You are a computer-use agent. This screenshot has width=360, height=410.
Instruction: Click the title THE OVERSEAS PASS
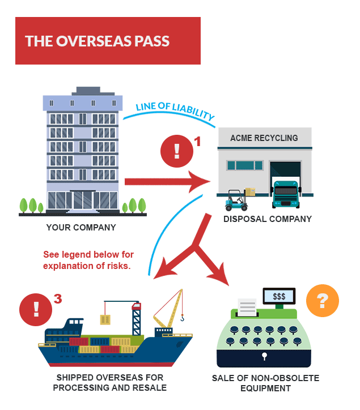coord(97,41)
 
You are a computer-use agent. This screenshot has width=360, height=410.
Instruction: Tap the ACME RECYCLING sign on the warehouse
coord(264,138)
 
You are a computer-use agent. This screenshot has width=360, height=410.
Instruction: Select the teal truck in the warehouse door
coord(285,194)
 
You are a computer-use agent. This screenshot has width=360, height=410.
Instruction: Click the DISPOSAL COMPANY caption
coord(268,219)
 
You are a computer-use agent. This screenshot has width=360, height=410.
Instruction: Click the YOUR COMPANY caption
coord(81,228)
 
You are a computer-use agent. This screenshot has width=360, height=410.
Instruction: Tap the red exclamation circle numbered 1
coord(176,151)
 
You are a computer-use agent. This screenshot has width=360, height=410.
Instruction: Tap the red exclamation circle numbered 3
coord(35,309)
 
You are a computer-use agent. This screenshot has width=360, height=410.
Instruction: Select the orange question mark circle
coord(322,301)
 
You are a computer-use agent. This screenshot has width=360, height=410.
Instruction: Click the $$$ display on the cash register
coord(279,296)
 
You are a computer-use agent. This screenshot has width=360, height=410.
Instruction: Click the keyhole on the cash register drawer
coord(264,356)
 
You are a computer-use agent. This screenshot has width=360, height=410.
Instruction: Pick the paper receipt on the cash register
coord(248,308)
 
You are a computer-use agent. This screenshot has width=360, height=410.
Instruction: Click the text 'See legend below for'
coord(88,254)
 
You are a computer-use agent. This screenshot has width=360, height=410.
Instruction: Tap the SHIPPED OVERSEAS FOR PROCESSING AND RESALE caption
coord(111,383)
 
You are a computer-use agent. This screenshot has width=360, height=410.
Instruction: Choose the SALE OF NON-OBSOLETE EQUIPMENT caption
coord(265,383)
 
